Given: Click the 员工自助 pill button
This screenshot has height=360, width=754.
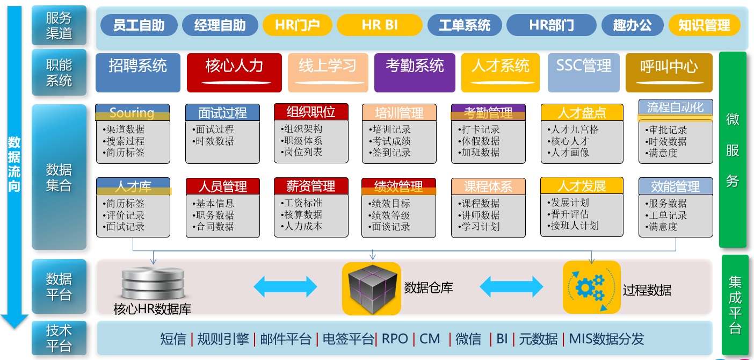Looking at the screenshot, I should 139,25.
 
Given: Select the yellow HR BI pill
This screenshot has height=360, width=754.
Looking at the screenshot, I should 379,25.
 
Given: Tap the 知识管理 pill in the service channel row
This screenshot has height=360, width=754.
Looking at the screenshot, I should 704,25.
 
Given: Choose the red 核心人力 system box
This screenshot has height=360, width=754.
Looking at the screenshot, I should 234,72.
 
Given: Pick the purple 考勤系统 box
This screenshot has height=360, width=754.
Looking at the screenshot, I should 414,72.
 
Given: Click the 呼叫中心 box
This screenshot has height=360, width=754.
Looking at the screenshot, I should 669,72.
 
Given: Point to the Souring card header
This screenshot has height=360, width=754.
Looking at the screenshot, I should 132,112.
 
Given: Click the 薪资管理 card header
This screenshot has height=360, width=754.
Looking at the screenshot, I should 311,186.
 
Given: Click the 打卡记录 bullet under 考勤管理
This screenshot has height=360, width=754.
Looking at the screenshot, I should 481,129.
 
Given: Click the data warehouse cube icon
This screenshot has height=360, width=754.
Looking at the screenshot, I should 371,288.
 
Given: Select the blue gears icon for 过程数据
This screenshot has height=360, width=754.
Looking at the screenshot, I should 591,287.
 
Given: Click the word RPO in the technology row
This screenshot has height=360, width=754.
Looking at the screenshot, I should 395,339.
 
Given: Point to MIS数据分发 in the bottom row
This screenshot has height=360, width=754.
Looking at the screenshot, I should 606,339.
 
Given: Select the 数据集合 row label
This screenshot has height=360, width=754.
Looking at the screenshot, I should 59,177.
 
